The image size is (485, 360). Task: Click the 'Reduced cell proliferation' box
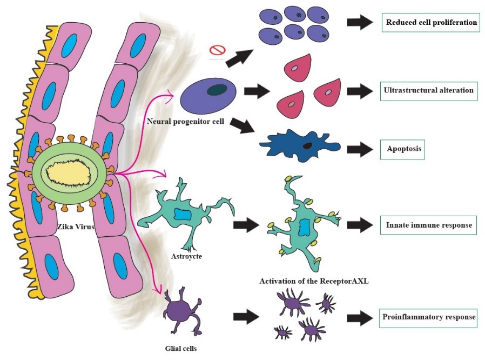[430, 23]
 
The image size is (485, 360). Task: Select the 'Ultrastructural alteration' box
[429, 90]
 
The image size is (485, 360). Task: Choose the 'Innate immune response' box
[430, 225]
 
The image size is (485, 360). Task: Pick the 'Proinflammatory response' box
[429, 317]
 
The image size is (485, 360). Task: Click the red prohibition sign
[217, 51]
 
